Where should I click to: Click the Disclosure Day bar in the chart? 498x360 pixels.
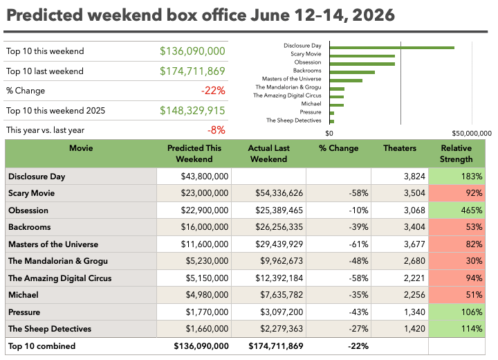pos(392,48)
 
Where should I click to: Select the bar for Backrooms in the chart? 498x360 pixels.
pos(352,72)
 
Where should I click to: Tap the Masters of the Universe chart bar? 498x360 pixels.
pos(347,80)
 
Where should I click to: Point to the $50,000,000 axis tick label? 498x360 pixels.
pos(472,133)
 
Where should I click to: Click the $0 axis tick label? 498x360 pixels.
pos(329,133)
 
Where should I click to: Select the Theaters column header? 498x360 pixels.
pos(400,148)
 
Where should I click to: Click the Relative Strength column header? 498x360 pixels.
pos(456,154)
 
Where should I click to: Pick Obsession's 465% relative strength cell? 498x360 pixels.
pos(456,210)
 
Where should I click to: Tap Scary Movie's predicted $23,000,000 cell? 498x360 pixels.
pos(194,193)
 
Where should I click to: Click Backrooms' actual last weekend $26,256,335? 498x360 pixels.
pos(268,227)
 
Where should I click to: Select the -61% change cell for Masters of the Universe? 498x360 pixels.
pos(338,244)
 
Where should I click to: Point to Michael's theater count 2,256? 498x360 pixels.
pos(400,295)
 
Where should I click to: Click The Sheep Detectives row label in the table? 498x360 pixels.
pos(50,329)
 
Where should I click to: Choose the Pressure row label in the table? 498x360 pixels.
pos(24,312)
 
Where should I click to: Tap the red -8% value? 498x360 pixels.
pos(216,130)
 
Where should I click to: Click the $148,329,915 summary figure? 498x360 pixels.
pos(192,111)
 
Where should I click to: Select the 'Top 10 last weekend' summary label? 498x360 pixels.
pos(45,71)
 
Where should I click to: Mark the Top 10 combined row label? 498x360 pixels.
pos(42,346)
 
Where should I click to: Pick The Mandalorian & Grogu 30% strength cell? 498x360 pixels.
pos(456,261)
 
